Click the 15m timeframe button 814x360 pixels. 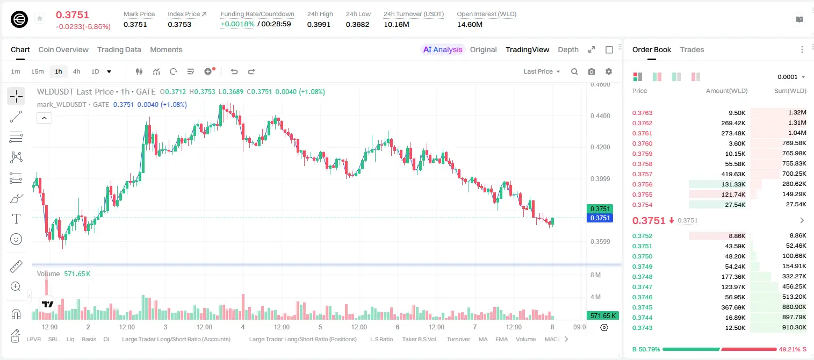pyautogui.click(x=38, y=71)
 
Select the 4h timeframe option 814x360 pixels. pyautogui.click(x=76, y=71)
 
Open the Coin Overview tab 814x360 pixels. pyautogui.click(x=63, y=49)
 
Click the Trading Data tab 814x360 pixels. pyautogui.click(x=119, y=49)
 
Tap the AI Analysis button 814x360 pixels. pyautogui.click(x=443, y=49)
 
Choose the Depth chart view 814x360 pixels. pyautogui.click(x=568, y=49)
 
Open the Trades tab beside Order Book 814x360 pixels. pyautogui.click(x=692, y=49)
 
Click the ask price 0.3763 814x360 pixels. pyautogui.click(x=643, y=113)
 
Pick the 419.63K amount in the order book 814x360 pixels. pyautogui.click(x=733, y=174)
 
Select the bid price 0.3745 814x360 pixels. pyautogui.click(x=643, y=307)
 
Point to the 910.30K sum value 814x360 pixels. pyautogui.click(x=794, y=327)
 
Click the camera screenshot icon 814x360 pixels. pyautogui.click(x=592, y=71)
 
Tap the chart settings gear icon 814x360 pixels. pyautogui.click(x=609, y=71)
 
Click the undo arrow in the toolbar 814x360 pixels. pyautogui.click(x=234, y=71)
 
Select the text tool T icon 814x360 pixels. pyautogui.click(x=16, y=219)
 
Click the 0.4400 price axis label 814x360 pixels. pyautogui.click(x=600, y=116)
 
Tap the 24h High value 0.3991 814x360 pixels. pyautogui.click(x=319, y=24)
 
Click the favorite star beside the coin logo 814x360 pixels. pyautogui.click(x=40, y=18)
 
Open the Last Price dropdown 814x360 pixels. pyautogui.click(x=542, y=71)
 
